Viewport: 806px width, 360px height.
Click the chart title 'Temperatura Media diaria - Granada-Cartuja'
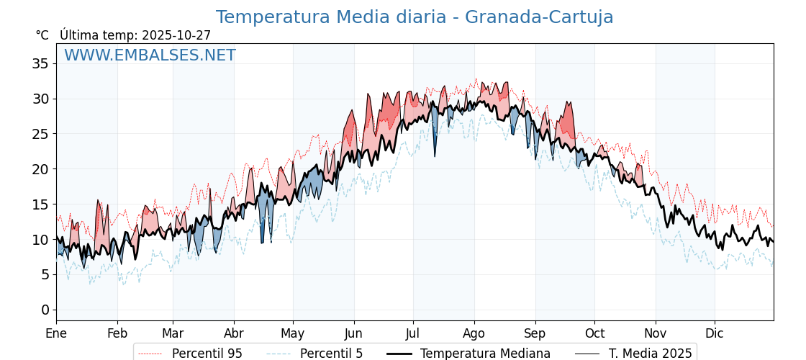point(415,17)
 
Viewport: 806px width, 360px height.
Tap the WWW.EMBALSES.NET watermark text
point(150,55)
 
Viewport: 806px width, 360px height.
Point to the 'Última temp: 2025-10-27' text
point(135,35)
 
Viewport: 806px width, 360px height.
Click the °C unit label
point(42,35)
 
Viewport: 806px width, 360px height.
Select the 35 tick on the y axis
point(40,63)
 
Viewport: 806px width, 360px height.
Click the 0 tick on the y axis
point(45,310)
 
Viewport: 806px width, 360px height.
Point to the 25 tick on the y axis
point(40,134)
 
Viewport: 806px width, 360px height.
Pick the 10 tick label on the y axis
point(40,239)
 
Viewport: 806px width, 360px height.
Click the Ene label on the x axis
point(56,333)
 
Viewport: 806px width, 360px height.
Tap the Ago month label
point(474,333)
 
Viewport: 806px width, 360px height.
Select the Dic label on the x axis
point(715,333)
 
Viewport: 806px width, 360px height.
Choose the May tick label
point(293,333)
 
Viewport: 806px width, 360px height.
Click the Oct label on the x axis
point(594,333)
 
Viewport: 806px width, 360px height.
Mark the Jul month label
point(413,333)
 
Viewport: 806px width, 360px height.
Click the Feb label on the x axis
point(117,333)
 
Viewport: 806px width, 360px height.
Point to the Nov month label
point(656,333)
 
